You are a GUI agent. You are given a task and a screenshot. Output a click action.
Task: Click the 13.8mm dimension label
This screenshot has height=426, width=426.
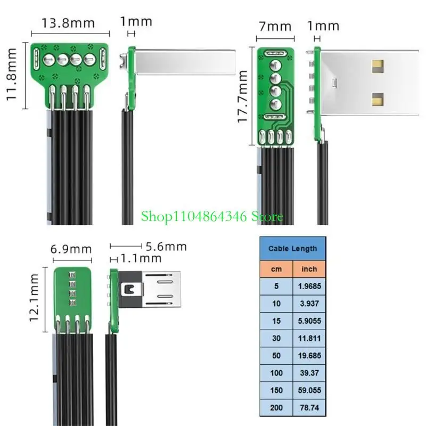tap(68, 23)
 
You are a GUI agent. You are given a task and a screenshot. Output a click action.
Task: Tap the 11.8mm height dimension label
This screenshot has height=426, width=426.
tap(10, 76)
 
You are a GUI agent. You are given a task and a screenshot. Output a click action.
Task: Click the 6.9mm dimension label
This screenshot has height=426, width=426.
tap(71, 249)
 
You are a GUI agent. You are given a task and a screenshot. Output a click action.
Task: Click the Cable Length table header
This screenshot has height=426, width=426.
tap(292, 248)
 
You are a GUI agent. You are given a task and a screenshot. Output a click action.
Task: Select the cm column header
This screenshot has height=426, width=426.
tap(276, 269)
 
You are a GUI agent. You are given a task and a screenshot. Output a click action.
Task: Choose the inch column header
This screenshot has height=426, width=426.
tap(309, 269)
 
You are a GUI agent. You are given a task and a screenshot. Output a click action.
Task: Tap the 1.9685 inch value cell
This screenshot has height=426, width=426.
tap(309, 286)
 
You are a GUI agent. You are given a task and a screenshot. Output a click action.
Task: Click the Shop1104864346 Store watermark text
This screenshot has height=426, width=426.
tap(212, 217)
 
